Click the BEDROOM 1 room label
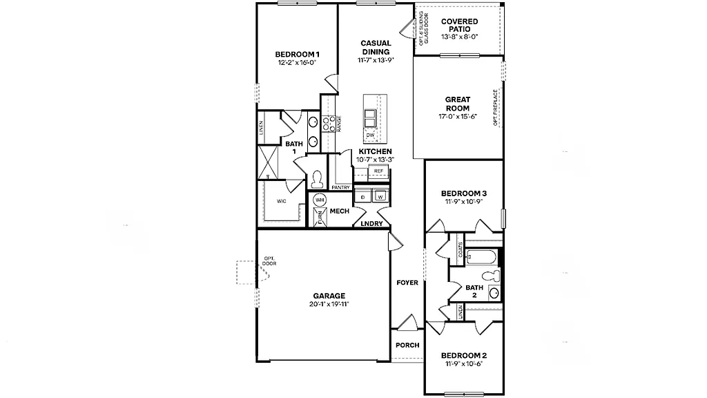click(x=297, y=54)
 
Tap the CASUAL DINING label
click(x=375, y=48)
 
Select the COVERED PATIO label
click(x=459, y=26)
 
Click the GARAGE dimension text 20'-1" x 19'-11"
click(x=329, y=304)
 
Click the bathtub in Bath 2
click(x=481, y=258)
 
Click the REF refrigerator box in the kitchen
click(x=378, y=171)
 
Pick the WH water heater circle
click(x=319, y=200)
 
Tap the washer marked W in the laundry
click(x=380, y=197)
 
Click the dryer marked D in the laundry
click(x=363, y=197)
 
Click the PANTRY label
click(x=340, y=187)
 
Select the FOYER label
click(x=407, y=283)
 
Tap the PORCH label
click(x=407, y=345)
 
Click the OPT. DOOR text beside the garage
click(x=269, y=261)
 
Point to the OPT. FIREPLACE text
click(x=496, y=107)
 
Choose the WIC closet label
click(x=282, y=202)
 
